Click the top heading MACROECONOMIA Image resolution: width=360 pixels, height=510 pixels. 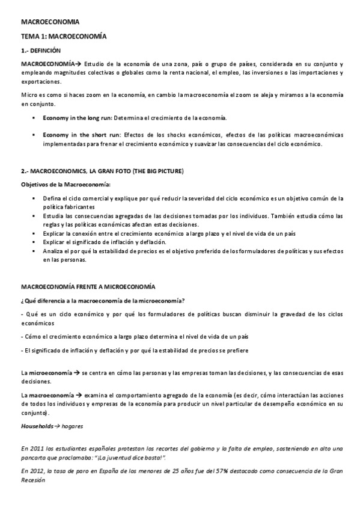tap(46, 22)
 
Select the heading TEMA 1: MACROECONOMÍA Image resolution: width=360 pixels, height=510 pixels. tap(64, 36)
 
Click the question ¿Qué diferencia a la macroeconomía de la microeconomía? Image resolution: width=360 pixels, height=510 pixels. tap(103, 300)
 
